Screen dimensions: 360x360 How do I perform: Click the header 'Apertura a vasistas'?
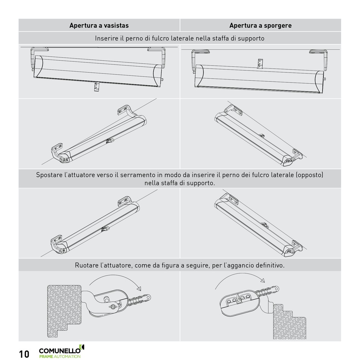click(x=99, y=26)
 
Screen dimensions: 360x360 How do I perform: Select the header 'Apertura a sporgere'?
click(x=260, y=26)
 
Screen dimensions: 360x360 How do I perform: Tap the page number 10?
click(x=24, y=354)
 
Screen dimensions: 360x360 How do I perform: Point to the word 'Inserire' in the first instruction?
click(x=106, y=38)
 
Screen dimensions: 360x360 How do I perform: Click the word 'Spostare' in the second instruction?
click(x=49, y=175)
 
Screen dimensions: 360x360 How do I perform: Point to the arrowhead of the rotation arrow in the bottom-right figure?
click(x=262, y=281)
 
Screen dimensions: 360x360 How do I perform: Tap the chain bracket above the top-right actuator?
click(x=260, y=64)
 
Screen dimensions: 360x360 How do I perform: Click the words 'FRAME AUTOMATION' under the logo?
click(x=60, y=357)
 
